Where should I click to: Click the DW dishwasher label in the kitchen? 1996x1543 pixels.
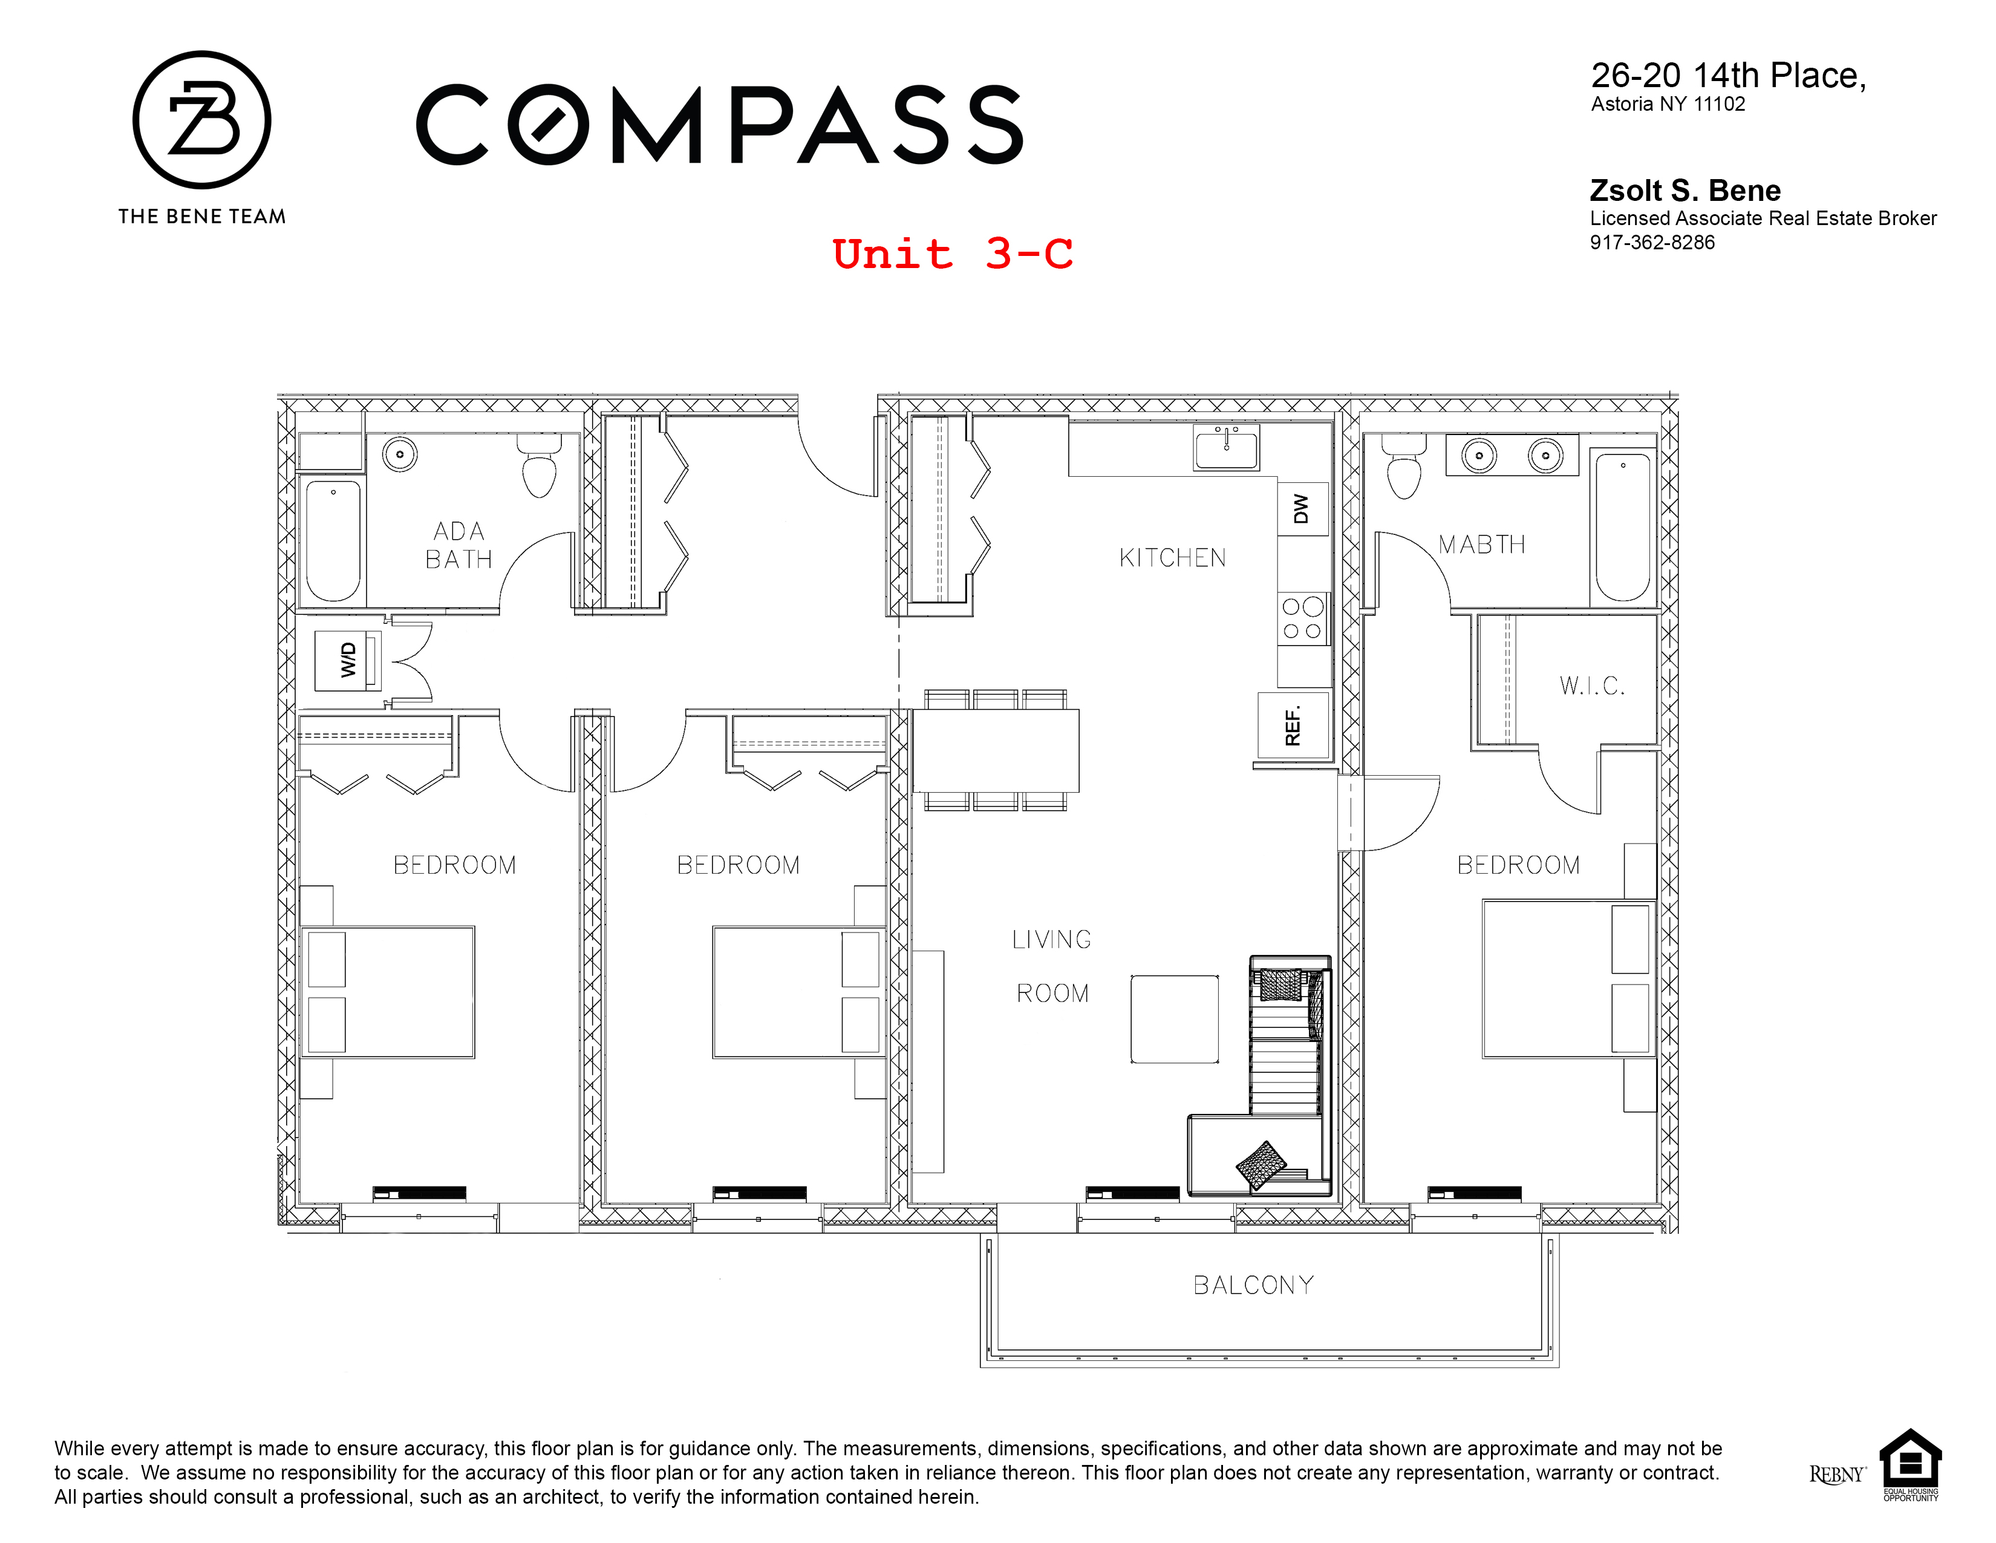[1302, 509]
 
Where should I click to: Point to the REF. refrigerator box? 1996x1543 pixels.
[1293, 726]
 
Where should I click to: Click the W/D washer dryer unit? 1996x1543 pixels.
[348, 659]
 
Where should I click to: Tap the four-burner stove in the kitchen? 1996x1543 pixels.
[1302, 619]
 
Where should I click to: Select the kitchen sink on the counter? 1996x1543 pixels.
[1225, 448]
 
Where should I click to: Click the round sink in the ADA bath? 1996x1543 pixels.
[399, 454]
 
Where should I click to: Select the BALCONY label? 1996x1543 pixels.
[1253, 1285]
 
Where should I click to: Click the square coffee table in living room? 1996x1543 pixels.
[1175, 1019]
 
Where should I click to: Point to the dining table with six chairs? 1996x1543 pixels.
[995, 750]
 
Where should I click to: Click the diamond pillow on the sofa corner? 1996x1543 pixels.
[1261, 1165]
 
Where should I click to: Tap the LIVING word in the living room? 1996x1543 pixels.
[1051, 940]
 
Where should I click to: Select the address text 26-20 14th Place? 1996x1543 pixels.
[1727, 76]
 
